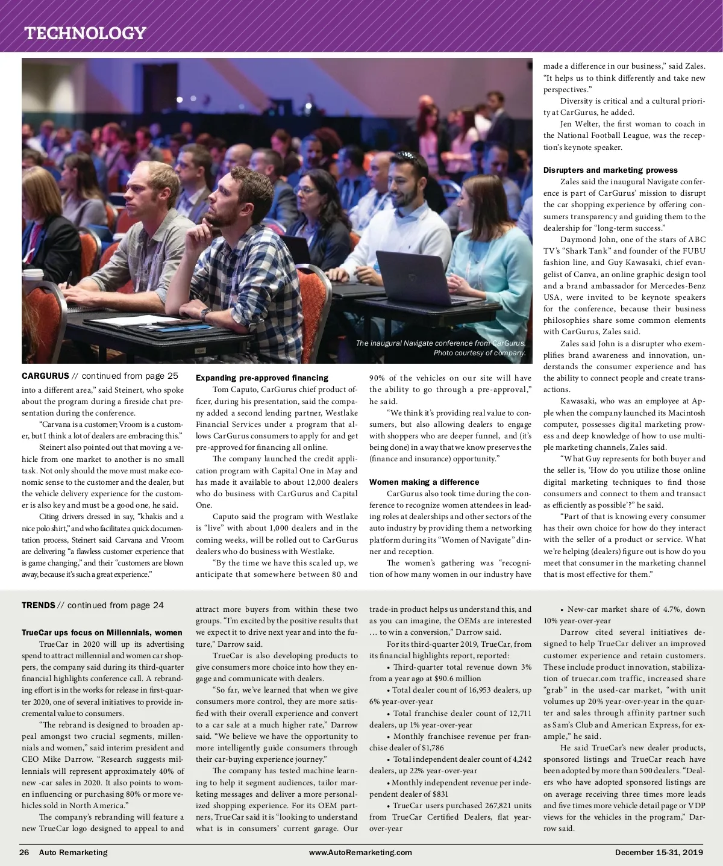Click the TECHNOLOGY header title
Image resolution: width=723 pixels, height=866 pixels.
85,33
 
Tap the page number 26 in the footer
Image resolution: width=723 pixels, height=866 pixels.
25,852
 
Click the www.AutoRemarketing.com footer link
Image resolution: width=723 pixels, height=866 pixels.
360,852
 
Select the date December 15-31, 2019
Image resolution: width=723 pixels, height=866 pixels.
659,852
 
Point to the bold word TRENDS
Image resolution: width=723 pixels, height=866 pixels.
39,605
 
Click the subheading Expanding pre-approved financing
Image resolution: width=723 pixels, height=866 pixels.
262,378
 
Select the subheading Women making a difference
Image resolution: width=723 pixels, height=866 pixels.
424,482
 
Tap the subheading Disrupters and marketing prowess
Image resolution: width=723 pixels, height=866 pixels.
610,170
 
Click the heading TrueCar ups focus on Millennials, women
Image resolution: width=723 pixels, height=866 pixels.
102,632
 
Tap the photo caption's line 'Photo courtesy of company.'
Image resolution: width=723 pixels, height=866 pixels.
480,353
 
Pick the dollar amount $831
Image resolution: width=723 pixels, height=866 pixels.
440,794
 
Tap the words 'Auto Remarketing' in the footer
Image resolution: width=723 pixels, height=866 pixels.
73,852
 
